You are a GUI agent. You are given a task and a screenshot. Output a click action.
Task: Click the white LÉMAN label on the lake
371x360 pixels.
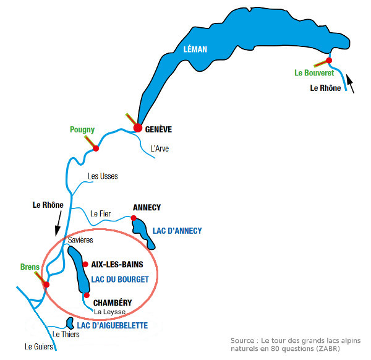195,49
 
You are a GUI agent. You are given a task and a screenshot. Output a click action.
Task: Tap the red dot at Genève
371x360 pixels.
138,128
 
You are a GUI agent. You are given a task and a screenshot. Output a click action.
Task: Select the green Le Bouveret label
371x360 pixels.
314,72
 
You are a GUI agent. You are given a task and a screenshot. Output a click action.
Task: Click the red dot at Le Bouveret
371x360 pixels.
329,61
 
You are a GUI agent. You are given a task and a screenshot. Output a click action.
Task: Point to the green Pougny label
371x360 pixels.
82,130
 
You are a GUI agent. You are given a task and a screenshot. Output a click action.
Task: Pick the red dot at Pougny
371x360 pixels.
96,148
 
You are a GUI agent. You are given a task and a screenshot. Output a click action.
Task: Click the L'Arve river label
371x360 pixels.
160,148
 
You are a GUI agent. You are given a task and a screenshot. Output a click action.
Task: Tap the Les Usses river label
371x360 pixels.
103,176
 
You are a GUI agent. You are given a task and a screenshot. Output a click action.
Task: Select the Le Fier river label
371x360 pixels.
100,214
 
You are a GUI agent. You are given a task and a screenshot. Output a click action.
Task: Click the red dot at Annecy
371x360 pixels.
134,218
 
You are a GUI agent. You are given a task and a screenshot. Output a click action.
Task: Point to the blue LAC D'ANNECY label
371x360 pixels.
177,231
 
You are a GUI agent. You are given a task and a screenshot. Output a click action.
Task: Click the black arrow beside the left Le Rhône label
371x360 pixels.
58,223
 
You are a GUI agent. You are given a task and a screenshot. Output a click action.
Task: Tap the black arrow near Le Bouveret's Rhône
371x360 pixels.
351,84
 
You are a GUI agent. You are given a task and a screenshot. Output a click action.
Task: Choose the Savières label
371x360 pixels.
80,240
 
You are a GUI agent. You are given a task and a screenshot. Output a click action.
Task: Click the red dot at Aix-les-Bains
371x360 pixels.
85,264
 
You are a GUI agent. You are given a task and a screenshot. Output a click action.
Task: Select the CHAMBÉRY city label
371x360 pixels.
113,302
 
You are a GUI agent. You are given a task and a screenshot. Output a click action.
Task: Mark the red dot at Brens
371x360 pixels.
46,285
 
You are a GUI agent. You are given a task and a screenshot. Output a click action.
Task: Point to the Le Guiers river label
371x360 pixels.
38,347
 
